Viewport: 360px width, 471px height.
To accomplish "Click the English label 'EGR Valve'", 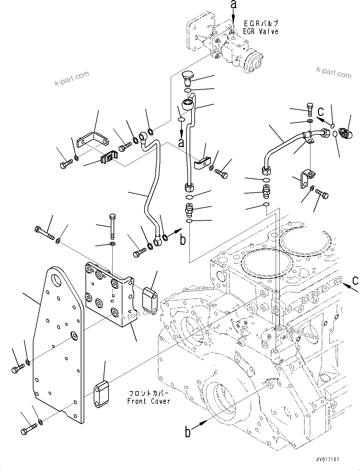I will (261, 31).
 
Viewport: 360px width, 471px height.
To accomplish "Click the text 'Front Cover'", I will (149, 401).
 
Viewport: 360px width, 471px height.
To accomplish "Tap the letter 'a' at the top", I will (233, 4).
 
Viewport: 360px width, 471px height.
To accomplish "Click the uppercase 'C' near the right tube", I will (321, 111).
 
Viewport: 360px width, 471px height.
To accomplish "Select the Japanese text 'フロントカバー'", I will (149, 393).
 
